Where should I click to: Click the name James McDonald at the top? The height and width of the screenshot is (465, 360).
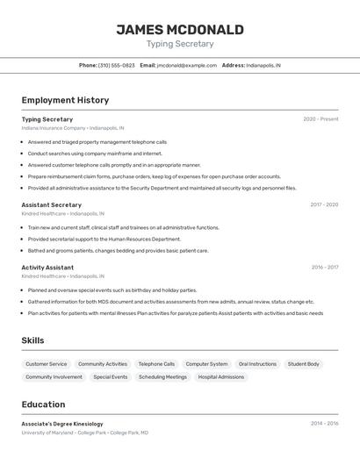[x=180, y=30]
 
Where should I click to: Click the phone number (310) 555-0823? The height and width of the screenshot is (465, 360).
[x=116, y=65]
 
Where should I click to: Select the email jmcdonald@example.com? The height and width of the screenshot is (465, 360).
[x=186, y=65]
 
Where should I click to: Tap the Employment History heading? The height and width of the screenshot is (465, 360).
[x=65, y=100]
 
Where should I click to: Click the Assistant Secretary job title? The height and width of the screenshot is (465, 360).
[x=51, y=204]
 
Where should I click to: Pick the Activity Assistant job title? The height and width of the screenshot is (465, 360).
[x=47, y=268]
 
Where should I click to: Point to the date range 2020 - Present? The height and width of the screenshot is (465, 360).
[x=320, y=119]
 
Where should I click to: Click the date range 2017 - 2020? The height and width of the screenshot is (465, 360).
[x=324, y=204]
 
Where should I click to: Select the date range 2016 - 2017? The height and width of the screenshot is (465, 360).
[x=324, y=268]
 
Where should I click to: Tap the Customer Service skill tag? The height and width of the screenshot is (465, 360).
[x=46, y=364]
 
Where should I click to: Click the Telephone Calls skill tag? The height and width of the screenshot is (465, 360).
[x=156, y=364]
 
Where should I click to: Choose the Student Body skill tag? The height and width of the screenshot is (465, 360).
[x=304, y=364]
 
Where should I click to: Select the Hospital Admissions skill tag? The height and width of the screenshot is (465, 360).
[x=221, y=377]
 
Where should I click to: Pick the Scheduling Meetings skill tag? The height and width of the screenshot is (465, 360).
[x=162, y=377]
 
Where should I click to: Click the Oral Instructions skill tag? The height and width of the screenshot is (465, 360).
[x=257, y=364]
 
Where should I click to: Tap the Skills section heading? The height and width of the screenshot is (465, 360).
[x=32, y=340]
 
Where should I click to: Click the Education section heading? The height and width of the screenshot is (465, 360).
[x=43, y=404]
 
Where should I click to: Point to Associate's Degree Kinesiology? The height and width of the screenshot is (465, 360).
[x=62, y=424]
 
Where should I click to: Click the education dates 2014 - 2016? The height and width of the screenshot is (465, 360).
[x=324, y=424]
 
